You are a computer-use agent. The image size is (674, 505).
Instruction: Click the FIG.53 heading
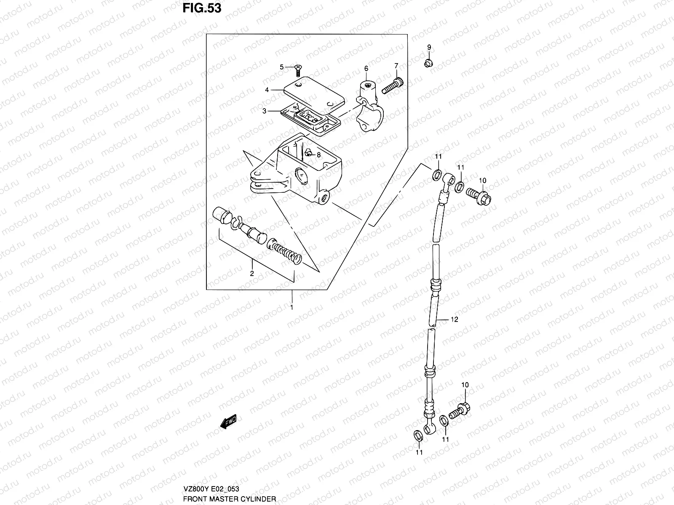pos(201,8)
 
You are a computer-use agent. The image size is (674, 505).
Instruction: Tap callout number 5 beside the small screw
pos(282,67)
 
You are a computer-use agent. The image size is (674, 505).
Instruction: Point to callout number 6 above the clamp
pos(366,68)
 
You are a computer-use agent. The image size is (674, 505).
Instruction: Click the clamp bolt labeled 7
pos(392,86)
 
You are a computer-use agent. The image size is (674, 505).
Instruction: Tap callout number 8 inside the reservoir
pos(319,155)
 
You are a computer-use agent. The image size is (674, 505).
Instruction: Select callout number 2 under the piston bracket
pos(251,273)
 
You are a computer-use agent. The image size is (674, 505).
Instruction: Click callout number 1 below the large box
pos(292,308)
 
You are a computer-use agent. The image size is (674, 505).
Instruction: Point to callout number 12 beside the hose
pos(454,319)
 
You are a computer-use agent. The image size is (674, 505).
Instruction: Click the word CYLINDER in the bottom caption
pos(259,499)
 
